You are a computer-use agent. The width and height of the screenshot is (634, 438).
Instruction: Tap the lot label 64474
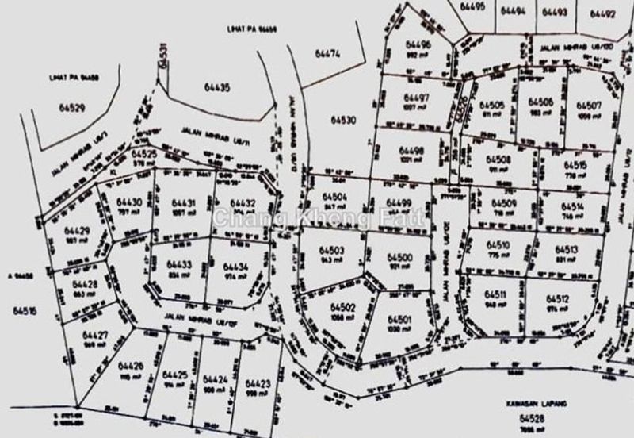pyautogui.click(x=327, y=55)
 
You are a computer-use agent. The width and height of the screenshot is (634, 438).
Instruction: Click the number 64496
pyautogui.click(x=417, y=45)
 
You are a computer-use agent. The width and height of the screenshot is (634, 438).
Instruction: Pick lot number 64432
pyautogui.click(x=235, y=203)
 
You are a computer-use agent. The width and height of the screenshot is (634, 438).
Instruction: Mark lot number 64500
pyautogui.click(x=399, y=259)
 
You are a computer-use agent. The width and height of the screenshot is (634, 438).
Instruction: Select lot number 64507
pyautogui.click(x=589, y=106)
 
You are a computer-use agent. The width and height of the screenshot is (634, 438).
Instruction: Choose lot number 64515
pyautogui.click(x=576, y=165)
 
